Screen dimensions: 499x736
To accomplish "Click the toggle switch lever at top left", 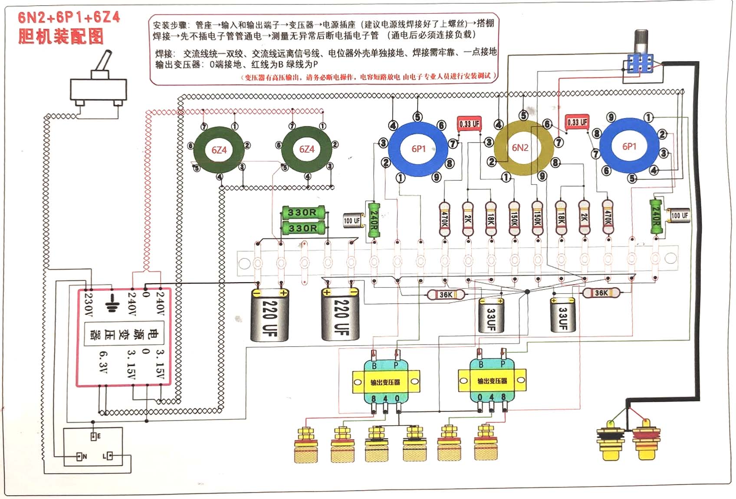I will click(103, 63).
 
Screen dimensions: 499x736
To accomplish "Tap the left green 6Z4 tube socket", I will click(219, 150).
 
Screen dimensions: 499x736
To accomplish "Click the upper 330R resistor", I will click(302, 212).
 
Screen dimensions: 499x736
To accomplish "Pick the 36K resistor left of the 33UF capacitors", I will click(446, 295).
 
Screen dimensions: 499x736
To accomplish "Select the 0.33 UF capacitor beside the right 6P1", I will click(577, 122).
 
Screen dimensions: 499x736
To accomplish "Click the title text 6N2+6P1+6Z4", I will click(69, 17).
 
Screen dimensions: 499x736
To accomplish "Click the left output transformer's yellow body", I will click(385, 382).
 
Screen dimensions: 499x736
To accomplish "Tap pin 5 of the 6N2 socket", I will click(524, 115).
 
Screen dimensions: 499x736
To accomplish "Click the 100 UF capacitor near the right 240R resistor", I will click(679, 215).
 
